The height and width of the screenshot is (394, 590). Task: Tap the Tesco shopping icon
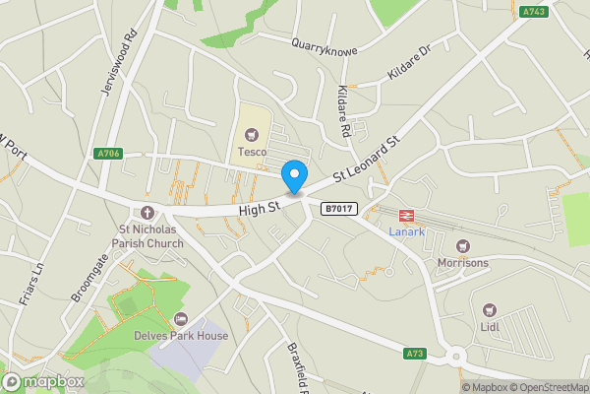click(x=250, y=134)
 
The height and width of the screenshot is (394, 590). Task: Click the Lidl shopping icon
click(x=491, y=309)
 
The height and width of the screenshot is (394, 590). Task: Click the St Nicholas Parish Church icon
click(x=147, y=213)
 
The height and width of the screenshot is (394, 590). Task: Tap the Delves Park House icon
click(x=181, y=319)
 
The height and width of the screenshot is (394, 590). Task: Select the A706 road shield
click(x=109, y=153)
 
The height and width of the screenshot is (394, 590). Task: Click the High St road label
click(x=260, y=209)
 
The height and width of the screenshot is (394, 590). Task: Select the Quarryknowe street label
click(x=324, y=45)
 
